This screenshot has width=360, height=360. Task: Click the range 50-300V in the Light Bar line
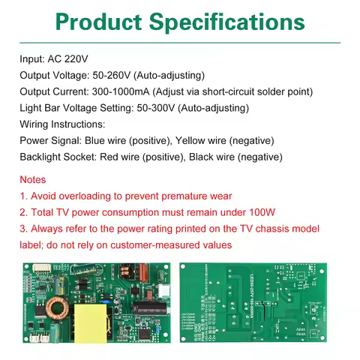(158, 108)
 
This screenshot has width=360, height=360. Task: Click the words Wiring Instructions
(63, 124)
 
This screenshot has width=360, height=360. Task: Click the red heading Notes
(33, 180)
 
